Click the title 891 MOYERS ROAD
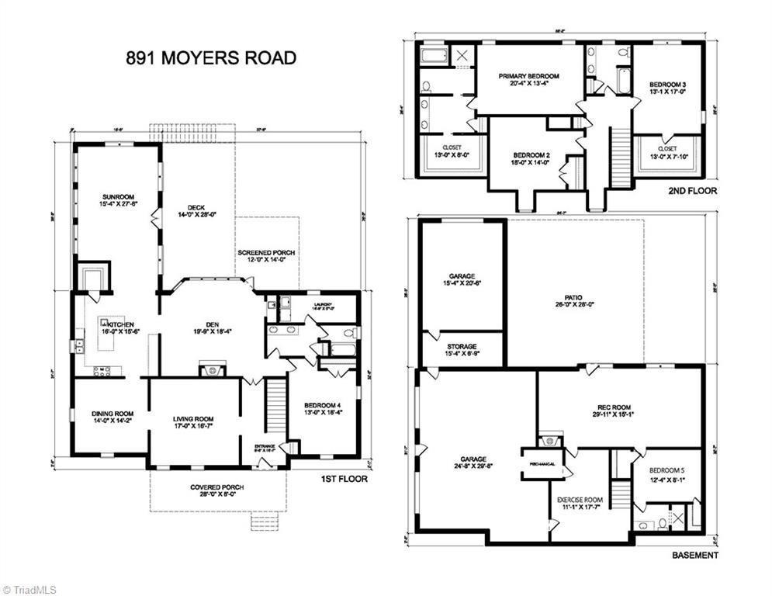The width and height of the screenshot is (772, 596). [x=210, y=58]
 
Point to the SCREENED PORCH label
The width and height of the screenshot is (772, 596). [x=266, y=253]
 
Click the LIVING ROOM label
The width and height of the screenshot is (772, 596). [x=193, y=419]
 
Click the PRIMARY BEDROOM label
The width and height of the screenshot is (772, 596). [x=529, y=76]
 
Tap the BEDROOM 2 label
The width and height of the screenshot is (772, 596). [x=529, y=154]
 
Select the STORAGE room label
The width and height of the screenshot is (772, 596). [x=462, y=347]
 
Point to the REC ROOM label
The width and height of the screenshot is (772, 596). [x=613, y=407]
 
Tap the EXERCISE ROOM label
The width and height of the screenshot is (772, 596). [x=580, y=500]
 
